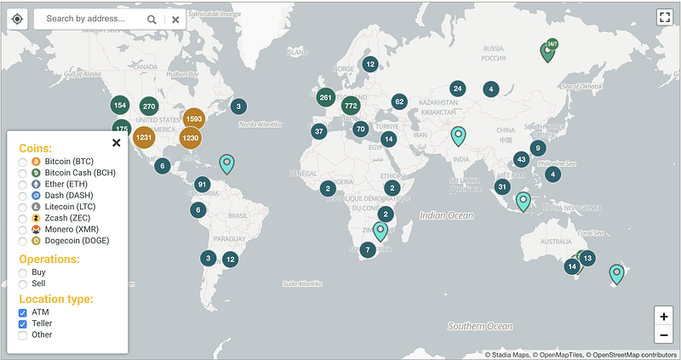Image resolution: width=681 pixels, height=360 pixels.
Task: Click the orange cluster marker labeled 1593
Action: (193, 119)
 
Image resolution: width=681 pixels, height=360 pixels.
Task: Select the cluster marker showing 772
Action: (351, 106)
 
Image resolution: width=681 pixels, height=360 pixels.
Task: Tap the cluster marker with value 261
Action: (324, 97)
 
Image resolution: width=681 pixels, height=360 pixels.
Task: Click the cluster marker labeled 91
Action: (202, 184)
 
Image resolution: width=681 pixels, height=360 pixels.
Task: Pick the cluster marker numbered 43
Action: (521, 159)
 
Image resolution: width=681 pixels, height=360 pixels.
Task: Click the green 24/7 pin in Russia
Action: (549, 52)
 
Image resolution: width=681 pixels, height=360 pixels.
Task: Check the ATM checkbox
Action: (23, 312)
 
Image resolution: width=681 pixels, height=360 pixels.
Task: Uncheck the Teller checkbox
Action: (23, 323)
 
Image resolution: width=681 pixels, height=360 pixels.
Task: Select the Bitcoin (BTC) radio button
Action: (23, 161)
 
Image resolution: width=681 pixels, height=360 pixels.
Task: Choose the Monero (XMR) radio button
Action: (23, 229)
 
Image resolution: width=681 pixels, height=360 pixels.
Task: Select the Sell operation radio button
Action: (23, 283)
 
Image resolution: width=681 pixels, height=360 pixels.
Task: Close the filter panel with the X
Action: (117, 142)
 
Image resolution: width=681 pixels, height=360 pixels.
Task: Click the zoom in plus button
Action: (663, 316)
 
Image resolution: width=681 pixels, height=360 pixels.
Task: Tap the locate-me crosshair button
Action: (18, 18)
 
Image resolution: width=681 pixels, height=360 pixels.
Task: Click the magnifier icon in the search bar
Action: (152, 19)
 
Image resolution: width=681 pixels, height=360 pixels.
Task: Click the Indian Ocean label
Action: (446, 216)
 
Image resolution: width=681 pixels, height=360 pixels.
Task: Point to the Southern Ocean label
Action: (481, 326)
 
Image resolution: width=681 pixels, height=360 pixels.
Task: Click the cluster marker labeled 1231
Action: (143, 138)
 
